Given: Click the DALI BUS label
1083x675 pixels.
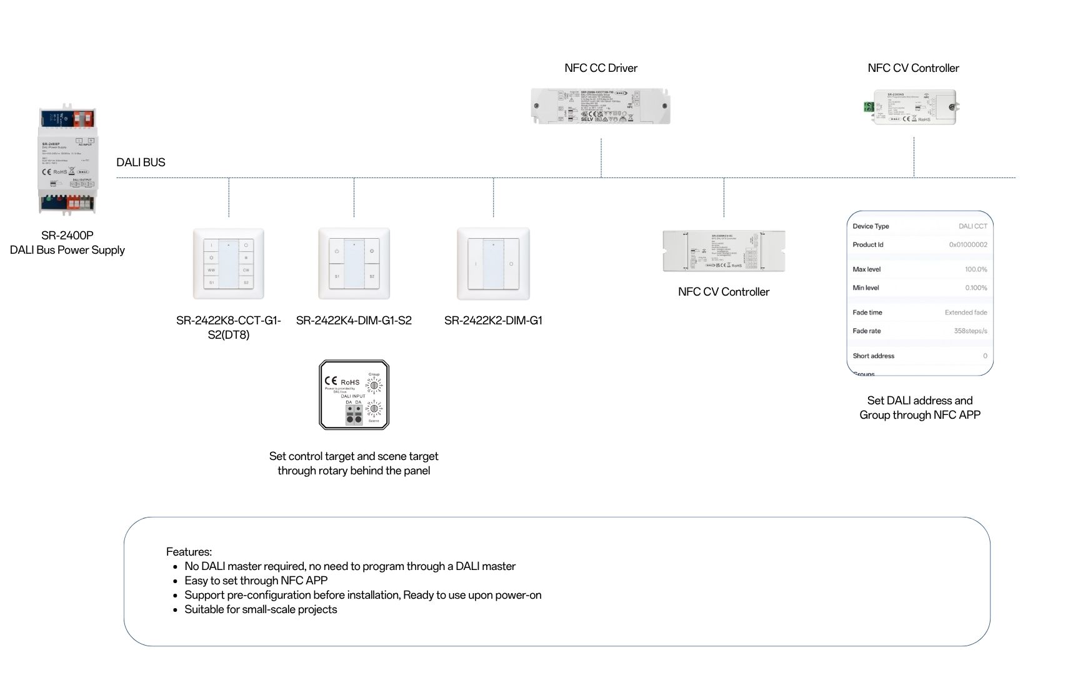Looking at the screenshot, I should pyautogui.click(x=141, y=162).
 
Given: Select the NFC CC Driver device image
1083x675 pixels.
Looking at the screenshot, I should pyautogui.click(x=601, y=106).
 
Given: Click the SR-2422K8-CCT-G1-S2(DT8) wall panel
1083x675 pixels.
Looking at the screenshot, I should pyautogui.click(x=229, y=264).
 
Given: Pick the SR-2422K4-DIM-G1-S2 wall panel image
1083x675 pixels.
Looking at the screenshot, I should pyautogui.click(x=354, y=264).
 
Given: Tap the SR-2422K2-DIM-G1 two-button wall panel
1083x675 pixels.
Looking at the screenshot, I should pyautogui.click(x=493, y=264).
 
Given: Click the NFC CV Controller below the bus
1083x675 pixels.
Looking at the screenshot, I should pyautogui.click(x=724, y=251).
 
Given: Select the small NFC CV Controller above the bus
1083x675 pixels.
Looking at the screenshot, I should pyautogui.click(x=914, y=107).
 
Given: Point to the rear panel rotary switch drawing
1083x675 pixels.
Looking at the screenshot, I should pyautogui.click(x=354, y=395).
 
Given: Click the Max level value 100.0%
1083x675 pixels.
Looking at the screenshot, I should pyautogui.click(x=976, y=269).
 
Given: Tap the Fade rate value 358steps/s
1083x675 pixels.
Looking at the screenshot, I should pyautogui.click(x=970, y=331).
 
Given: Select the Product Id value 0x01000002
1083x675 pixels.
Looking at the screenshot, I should pyautogui.click(x=968, y=245).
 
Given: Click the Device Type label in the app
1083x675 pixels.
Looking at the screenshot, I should pyautogui.click(x=871, y=226).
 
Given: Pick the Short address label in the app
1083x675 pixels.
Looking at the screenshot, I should pyautogui.click(x=873, y=356).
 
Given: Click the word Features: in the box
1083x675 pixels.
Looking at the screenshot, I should pyautogui.click(x=189, y=552).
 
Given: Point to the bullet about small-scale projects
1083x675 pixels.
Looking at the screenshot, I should pyautogui.click(x=261, y=609).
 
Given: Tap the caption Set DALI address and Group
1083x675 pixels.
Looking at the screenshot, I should pyautogui.click(x=919, y=407).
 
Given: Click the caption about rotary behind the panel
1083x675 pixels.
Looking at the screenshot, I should pyautogui.click(x=354, y=464).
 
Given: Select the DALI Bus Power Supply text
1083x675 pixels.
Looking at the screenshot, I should pyautogui.click(x=67, y=250).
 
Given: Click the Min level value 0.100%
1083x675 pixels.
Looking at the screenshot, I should pyautogui.click(x=976, y=288).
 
